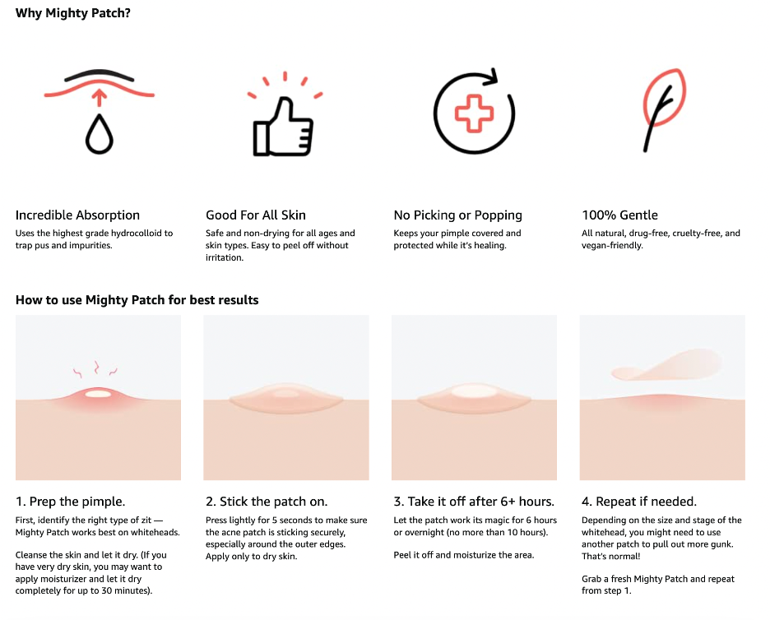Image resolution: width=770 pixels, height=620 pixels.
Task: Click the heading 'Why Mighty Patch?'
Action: pyautogui.click(x=72, y=13)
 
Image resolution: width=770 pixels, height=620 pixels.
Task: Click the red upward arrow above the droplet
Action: pyautogui.click(x=100, y=97)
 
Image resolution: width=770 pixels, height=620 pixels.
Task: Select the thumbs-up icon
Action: pyautogui.click(x=283, y=127)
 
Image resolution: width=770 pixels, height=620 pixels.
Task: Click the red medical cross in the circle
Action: pyautogui.click(x=474, y=113)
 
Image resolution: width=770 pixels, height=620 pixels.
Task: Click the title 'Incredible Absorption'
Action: pyautogui.click(x=77, y=215)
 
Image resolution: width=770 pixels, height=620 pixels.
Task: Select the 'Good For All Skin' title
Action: pyautogui.click(x=256, y=215)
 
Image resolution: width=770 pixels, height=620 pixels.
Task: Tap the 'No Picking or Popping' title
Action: pyautogui.click(x=457, y=215)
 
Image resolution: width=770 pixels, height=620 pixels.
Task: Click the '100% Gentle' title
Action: pyautogui.click(x=619, y=215)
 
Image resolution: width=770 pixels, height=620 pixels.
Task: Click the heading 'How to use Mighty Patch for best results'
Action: pyautogui.click(x=137, y=300)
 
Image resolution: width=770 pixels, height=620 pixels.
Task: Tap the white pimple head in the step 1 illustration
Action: pyautogui.click(x=98, y=394)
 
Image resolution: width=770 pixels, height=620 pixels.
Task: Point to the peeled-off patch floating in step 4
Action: pyautogui.click(x=666, y=366)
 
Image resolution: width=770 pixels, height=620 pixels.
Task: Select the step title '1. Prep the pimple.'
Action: pyautogui.click(x=70, y=502)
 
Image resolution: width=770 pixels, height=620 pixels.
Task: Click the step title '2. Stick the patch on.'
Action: pyautogui.click(x=267, y=502)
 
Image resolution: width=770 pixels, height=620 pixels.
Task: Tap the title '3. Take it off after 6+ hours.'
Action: pyautogui.click(x=474, y=502)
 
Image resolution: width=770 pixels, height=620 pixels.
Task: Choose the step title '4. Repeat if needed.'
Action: pyautogui.click(x=639, y=502)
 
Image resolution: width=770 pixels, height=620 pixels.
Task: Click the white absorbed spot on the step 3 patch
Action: pyautogui.click(x=474, y=391)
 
